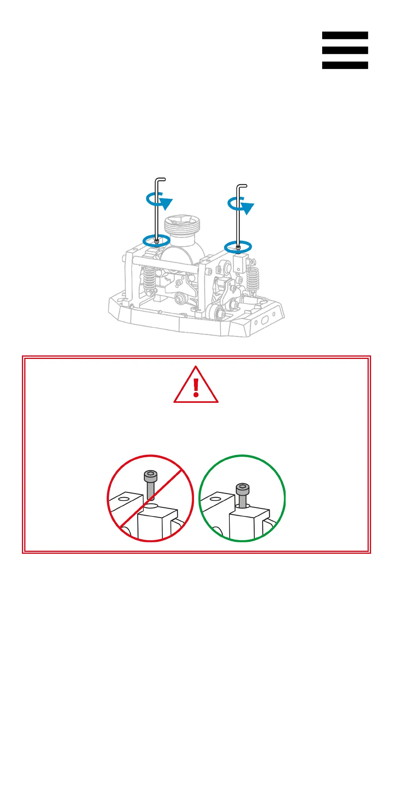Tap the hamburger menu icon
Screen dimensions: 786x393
point(345,50)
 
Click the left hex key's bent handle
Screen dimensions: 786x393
point(161,179)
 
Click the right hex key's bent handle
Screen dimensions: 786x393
point(242,186)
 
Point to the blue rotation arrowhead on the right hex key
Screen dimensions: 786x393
point(248,208)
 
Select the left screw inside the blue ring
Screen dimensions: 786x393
point(157,241)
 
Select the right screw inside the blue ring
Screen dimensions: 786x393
point(238,248)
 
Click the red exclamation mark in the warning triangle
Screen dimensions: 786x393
point(196,387)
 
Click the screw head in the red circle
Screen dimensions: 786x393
point(151,476)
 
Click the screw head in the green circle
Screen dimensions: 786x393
point(242,489)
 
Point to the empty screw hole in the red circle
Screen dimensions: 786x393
point(152,506)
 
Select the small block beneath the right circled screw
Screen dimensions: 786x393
point(239,264)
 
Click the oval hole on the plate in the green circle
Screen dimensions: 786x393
point(216,499)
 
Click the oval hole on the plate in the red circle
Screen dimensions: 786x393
point(124,499)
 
